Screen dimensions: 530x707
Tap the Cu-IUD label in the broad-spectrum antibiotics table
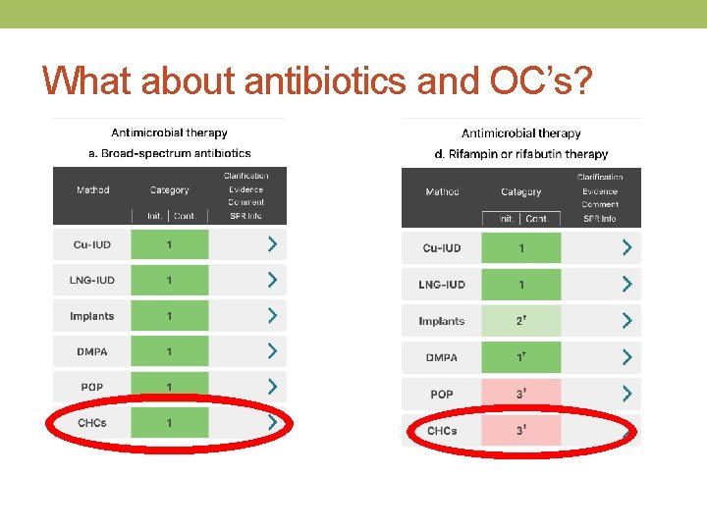coord(92,244)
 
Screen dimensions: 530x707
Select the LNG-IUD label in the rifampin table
coord(442,285)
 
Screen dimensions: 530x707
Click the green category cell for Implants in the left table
coord(169,316)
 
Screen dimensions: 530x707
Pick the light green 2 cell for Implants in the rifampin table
coord(520,321)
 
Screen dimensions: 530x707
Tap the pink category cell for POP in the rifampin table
coord(520,395)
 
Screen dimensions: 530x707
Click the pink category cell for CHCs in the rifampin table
coord(520,431)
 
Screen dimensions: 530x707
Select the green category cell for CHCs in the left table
coord(169,423)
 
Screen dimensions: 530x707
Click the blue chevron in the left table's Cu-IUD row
coord(272,244)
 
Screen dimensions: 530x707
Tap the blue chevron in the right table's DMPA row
coord(625,357)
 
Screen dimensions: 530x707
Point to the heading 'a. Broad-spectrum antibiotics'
coord(170,153)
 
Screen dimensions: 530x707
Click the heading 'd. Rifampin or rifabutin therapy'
coord(521,154)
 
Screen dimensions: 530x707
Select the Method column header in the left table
coord(93,189)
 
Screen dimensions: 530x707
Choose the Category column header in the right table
coord(520,191)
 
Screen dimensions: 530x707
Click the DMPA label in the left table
coord(92,351)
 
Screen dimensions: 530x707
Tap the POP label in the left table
coord(92,387)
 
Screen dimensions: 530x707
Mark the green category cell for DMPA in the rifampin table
coord(520,357)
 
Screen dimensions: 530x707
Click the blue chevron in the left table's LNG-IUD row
coord(272,280)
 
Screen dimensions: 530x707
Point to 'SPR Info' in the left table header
coord(245,216)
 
